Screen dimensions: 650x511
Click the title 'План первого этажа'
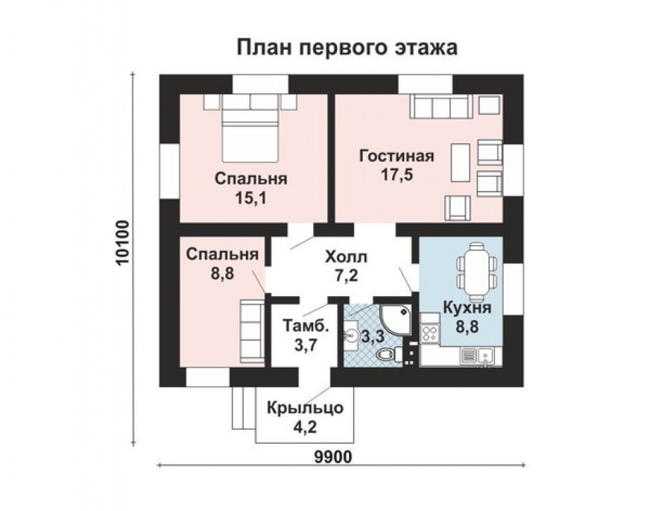(347, 47)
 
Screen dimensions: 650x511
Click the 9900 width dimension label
(333, 457)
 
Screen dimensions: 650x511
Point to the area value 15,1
(251, 198)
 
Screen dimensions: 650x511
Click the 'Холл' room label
(346, 257)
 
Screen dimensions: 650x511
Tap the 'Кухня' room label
(467, 308)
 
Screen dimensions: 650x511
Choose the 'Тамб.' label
(306, 325)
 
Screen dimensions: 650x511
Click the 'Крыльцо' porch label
(305, 409)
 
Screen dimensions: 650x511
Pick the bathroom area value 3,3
(373, 337)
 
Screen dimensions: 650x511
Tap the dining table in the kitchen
(477, 272)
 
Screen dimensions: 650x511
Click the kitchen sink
(485, 356)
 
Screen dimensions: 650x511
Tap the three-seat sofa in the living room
(441, 106)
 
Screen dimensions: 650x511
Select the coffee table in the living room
(460, 162)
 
